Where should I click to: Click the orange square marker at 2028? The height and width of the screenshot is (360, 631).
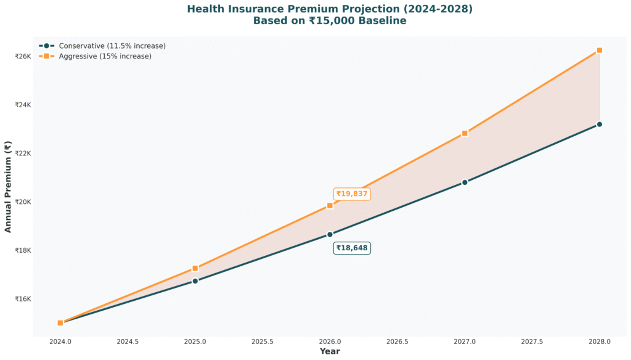(599, 50)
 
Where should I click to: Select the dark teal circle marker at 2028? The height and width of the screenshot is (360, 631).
(599, 125)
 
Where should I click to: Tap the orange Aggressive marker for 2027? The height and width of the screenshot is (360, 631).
(465, 133)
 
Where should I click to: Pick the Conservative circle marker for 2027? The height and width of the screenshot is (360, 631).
(465, 182)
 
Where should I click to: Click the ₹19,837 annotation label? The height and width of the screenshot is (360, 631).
(352, 194)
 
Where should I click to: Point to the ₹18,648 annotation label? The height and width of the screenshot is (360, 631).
(352, 248)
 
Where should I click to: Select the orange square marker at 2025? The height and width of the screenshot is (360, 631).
(195, 268)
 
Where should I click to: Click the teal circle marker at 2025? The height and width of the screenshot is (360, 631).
(195, 281)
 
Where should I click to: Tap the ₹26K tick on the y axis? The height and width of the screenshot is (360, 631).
(23, 56)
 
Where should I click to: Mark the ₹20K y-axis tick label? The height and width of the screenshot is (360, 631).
(23, 202)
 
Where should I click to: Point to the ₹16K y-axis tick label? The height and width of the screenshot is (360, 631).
(23, 299)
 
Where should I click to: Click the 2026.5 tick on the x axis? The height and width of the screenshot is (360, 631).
(397, 341)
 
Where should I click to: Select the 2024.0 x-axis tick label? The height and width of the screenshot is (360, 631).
(60, 341)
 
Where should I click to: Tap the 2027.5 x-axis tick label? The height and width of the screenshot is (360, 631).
(532, 341)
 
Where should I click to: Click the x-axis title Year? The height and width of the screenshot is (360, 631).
(330, 351)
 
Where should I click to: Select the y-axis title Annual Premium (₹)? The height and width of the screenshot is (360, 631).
(8, 187)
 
